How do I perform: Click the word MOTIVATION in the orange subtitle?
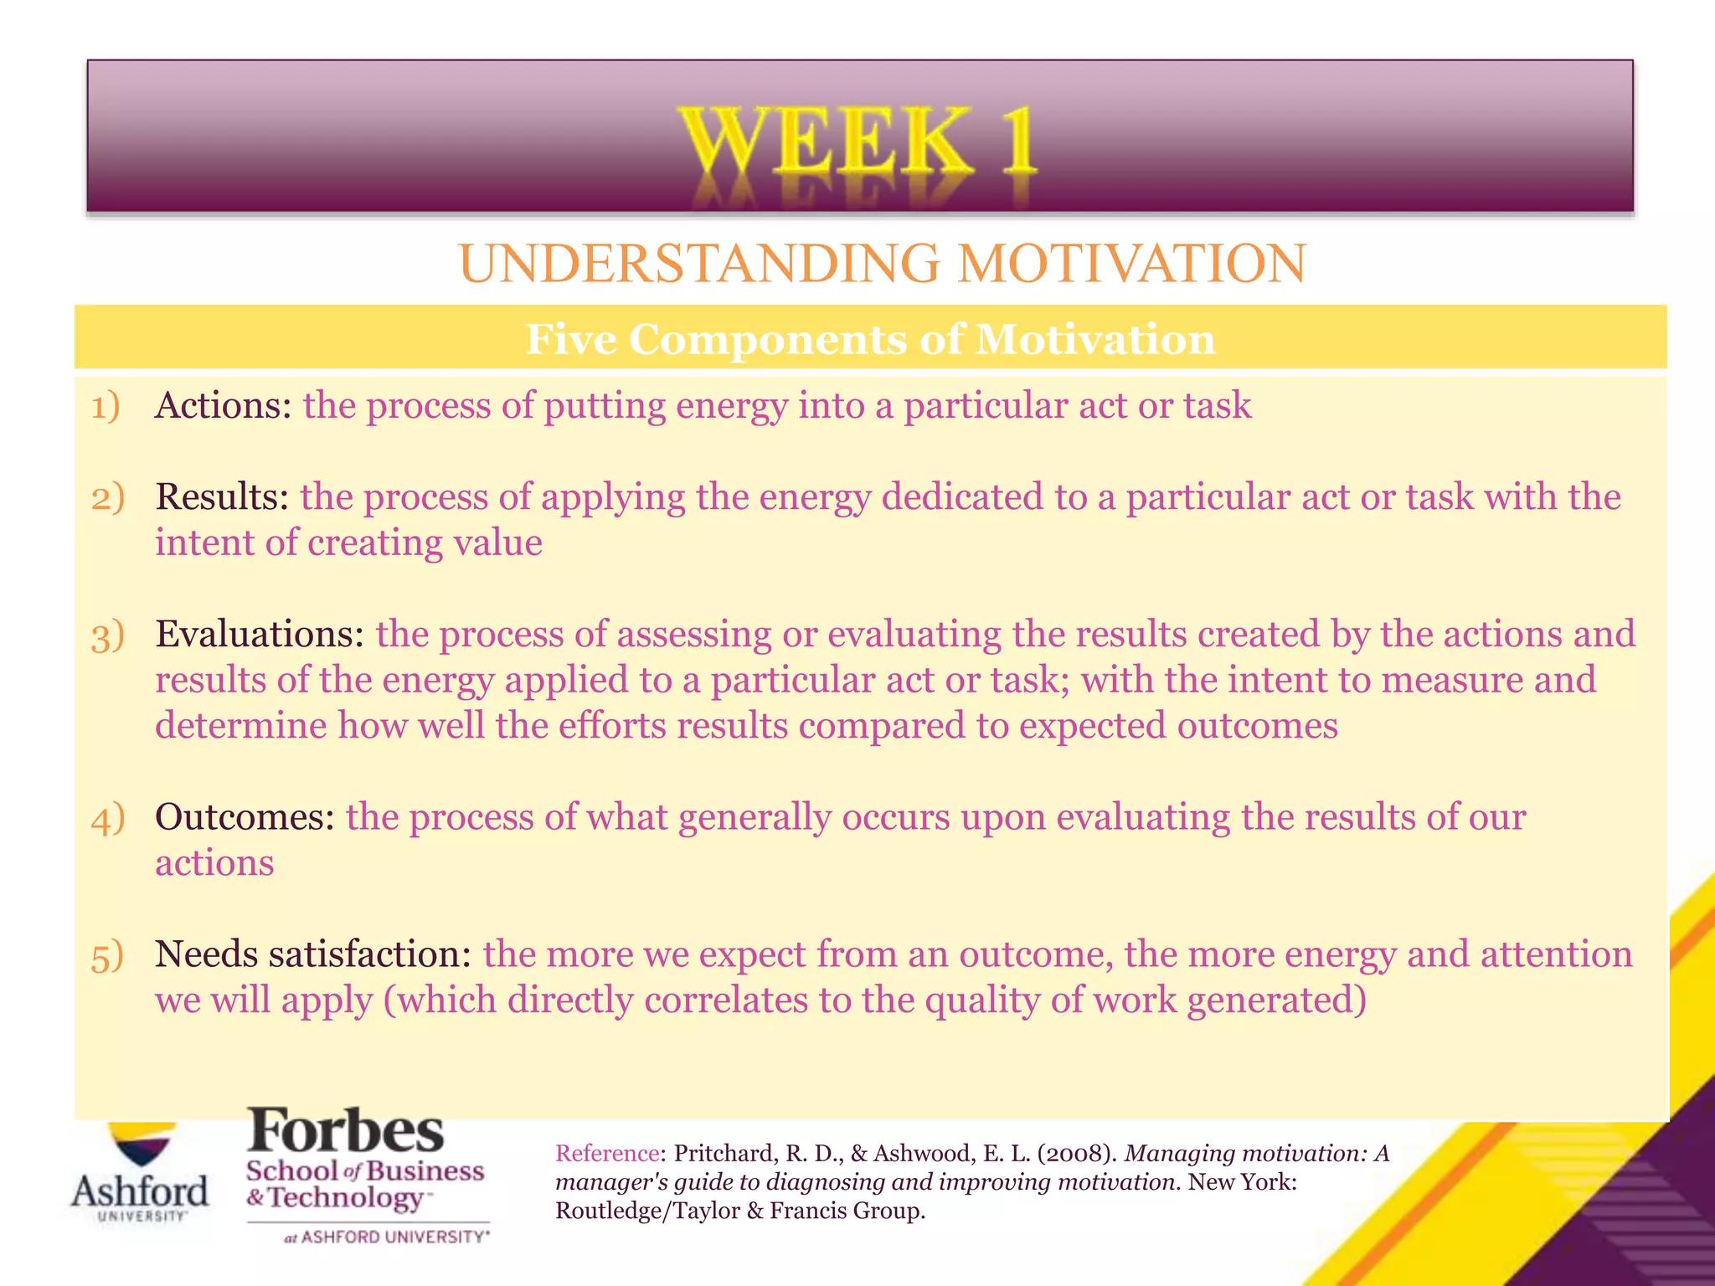click(x=1131, y=265)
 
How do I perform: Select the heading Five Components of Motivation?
click(x=869, y=340)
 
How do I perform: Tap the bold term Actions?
click(x=223, y=406)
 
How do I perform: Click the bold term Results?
click(x=222, y=497)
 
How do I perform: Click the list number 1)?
click(x=106, y=407)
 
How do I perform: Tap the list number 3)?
click(x=107, y=636)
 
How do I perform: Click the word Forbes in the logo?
click(x=345, y=1132)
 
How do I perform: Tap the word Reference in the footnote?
click(x=607, y=1154)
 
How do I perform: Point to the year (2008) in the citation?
click(x=1076, y=1154)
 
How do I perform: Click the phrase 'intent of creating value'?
click(x=348, y=543)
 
